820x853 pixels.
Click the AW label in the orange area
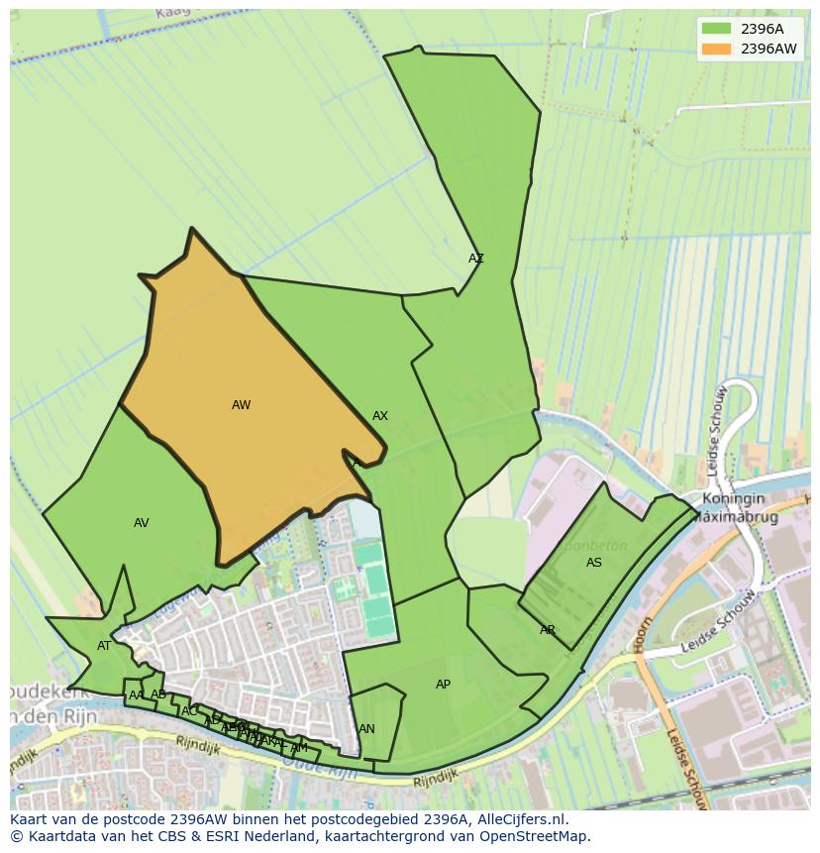tap(241, 405)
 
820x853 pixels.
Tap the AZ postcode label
tap(476, 259)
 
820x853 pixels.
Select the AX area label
tap(380, 416)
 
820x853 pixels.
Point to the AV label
tap(142, 523)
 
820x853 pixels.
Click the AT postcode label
tap(104, 646)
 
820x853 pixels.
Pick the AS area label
tap(594, 563)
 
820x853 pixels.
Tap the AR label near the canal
tap(548, 630)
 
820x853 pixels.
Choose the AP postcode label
tap(443, 685)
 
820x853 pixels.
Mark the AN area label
tap(366, 729)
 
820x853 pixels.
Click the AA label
tap(137, 695)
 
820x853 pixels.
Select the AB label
tap(158, 694)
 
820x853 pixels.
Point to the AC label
tap(188, 710)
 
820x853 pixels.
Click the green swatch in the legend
tap(716, 29)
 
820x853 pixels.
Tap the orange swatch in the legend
tap(716, 49)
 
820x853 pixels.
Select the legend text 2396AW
tap(769, 49)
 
